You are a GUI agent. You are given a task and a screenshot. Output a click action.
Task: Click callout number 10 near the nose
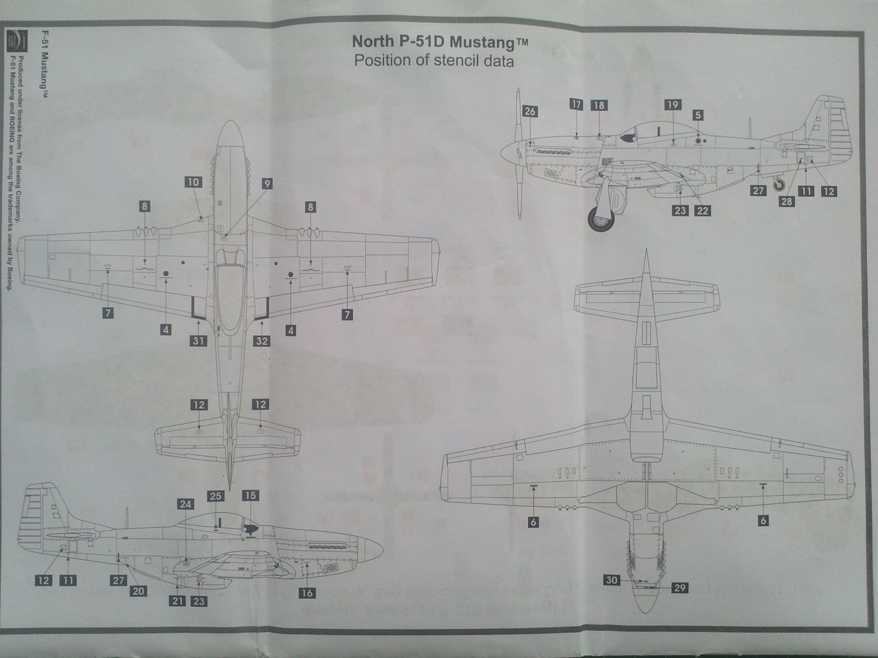(193, 182)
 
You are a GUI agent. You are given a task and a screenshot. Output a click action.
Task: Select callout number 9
(267, 183)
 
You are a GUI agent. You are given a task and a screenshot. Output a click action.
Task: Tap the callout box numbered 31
(198, 340)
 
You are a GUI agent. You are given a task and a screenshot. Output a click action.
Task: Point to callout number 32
(262, 340)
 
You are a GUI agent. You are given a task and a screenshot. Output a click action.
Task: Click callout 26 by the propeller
(530, 111)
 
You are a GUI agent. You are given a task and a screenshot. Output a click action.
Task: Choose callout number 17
(576, 104)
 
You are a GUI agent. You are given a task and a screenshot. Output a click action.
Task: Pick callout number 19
(672, 104)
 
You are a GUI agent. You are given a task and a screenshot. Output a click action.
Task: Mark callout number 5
(698, 115)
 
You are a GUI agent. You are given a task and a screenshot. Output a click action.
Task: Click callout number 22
(702, 210)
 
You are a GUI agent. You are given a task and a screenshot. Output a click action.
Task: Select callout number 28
(787, 201)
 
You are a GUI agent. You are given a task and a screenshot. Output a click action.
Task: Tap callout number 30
(612, 580)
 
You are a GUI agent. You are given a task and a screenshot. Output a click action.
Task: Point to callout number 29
(680, 588)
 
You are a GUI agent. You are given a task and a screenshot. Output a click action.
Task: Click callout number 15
(250, 495)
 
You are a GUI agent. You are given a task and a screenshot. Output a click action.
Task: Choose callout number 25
(216, 496)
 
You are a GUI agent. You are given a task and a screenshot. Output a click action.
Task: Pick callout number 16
(307, 593)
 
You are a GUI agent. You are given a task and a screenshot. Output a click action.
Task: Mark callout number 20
(139, 591)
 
